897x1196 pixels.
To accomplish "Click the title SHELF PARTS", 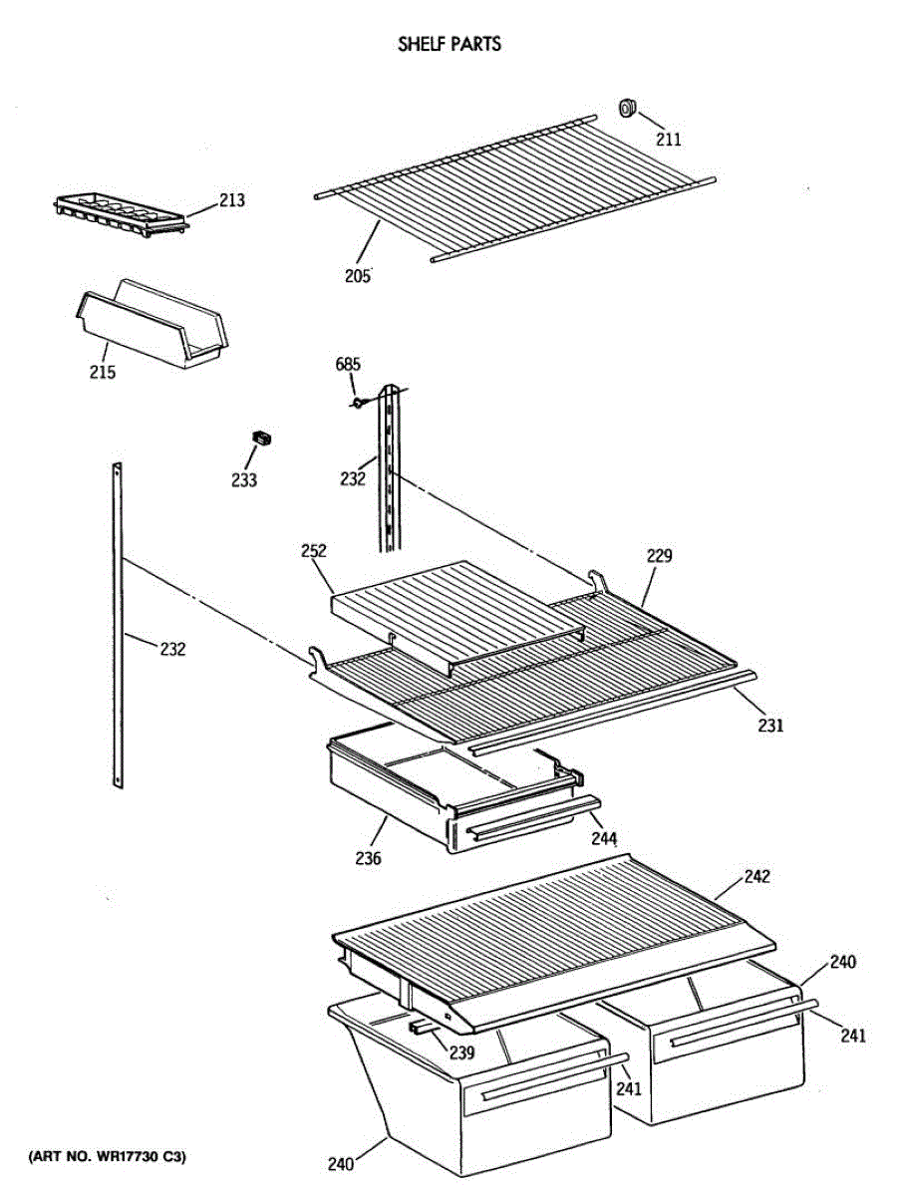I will [x=449, y=44].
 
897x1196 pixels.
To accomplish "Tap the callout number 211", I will [x=669, y=140].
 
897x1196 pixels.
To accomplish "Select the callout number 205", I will [x=357, y=275].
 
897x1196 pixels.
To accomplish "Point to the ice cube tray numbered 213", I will [x=120, y=215].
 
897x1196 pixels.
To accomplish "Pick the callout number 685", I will [x=348, y=365].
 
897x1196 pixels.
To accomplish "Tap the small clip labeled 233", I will [x=262, y=438].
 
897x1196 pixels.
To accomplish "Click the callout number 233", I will [x=244, y=480].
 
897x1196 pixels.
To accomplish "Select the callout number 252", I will [x=314, y=551].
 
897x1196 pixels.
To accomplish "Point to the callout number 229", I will [x=659, y=556].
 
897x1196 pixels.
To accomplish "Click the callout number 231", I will [x=769, y=726].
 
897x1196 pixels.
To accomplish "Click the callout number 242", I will [x=756, y=877].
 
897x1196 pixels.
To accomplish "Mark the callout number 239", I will [x=459, y=1052].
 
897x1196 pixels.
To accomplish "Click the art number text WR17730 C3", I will [x=107, y=1157].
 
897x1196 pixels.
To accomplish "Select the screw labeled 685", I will [x=356, y=403].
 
